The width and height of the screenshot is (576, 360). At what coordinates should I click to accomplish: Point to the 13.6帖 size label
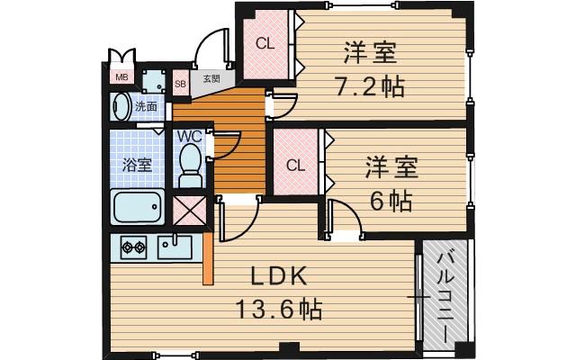tap(279, 310)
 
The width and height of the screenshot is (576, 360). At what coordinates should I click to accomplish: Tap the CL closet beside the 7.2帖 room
tap(264, 42)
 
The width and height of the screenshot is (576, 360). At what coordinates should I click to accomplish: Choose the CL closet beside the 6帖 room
tap(295, 165)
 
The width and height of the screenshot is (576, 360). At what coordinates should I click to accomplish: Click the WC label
tap(189, 136)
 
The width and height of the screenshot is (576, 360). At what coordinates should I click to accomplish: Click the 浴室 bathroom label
tap(136, 165)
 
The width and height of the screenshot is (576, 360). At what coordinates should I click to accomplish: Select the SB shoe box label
tap(180, 85)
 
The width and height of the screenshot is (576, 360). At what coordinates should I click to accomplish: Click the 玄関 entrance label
tap(211, 79)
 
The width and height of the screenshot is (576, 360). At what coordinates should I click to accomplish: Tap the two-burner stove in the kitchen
tap(133, 246)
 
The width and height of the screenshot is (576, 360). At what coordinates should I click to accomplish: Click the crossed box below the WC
tap(188, 212)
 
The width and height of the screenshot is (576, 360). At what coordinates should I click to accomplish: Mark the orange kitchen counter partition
tap(209, 258)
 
